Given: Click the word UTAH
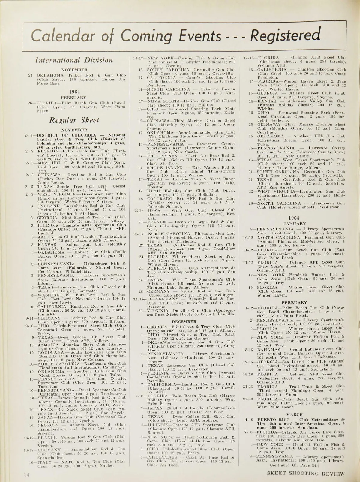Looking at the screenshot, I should click(x=153, y=191).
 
